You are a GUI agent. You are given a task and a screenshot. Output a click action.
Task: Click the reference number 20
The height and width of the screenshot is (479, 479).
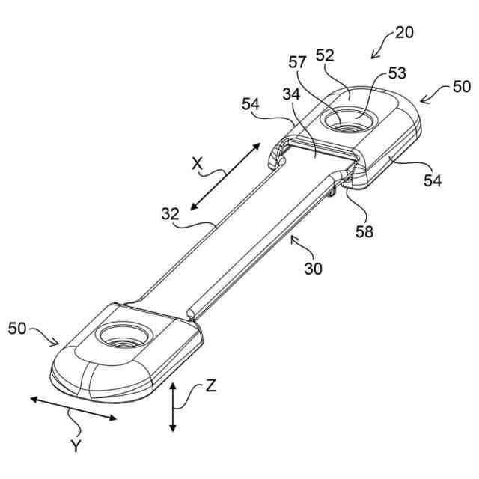pos(403,32)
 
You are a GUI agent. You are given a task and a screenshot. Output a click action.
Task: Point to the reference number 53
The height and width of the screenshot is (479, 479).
pos(396,74)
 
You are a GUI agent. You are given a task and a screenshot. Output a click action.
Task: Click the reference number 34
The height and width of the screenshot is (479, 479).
pos(293,95)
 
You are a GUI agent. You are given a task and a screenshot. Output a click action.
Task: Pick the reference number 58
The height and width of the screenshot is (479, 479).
pos(364,231)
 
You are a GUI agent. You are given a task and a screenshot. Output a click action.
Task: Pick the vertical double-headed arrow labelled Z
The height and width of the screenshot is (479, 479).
pos(173,407)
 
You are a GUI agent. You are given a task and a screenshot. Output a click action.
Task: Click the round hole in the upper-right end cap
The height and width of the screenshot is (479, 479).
pos(349,120)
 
